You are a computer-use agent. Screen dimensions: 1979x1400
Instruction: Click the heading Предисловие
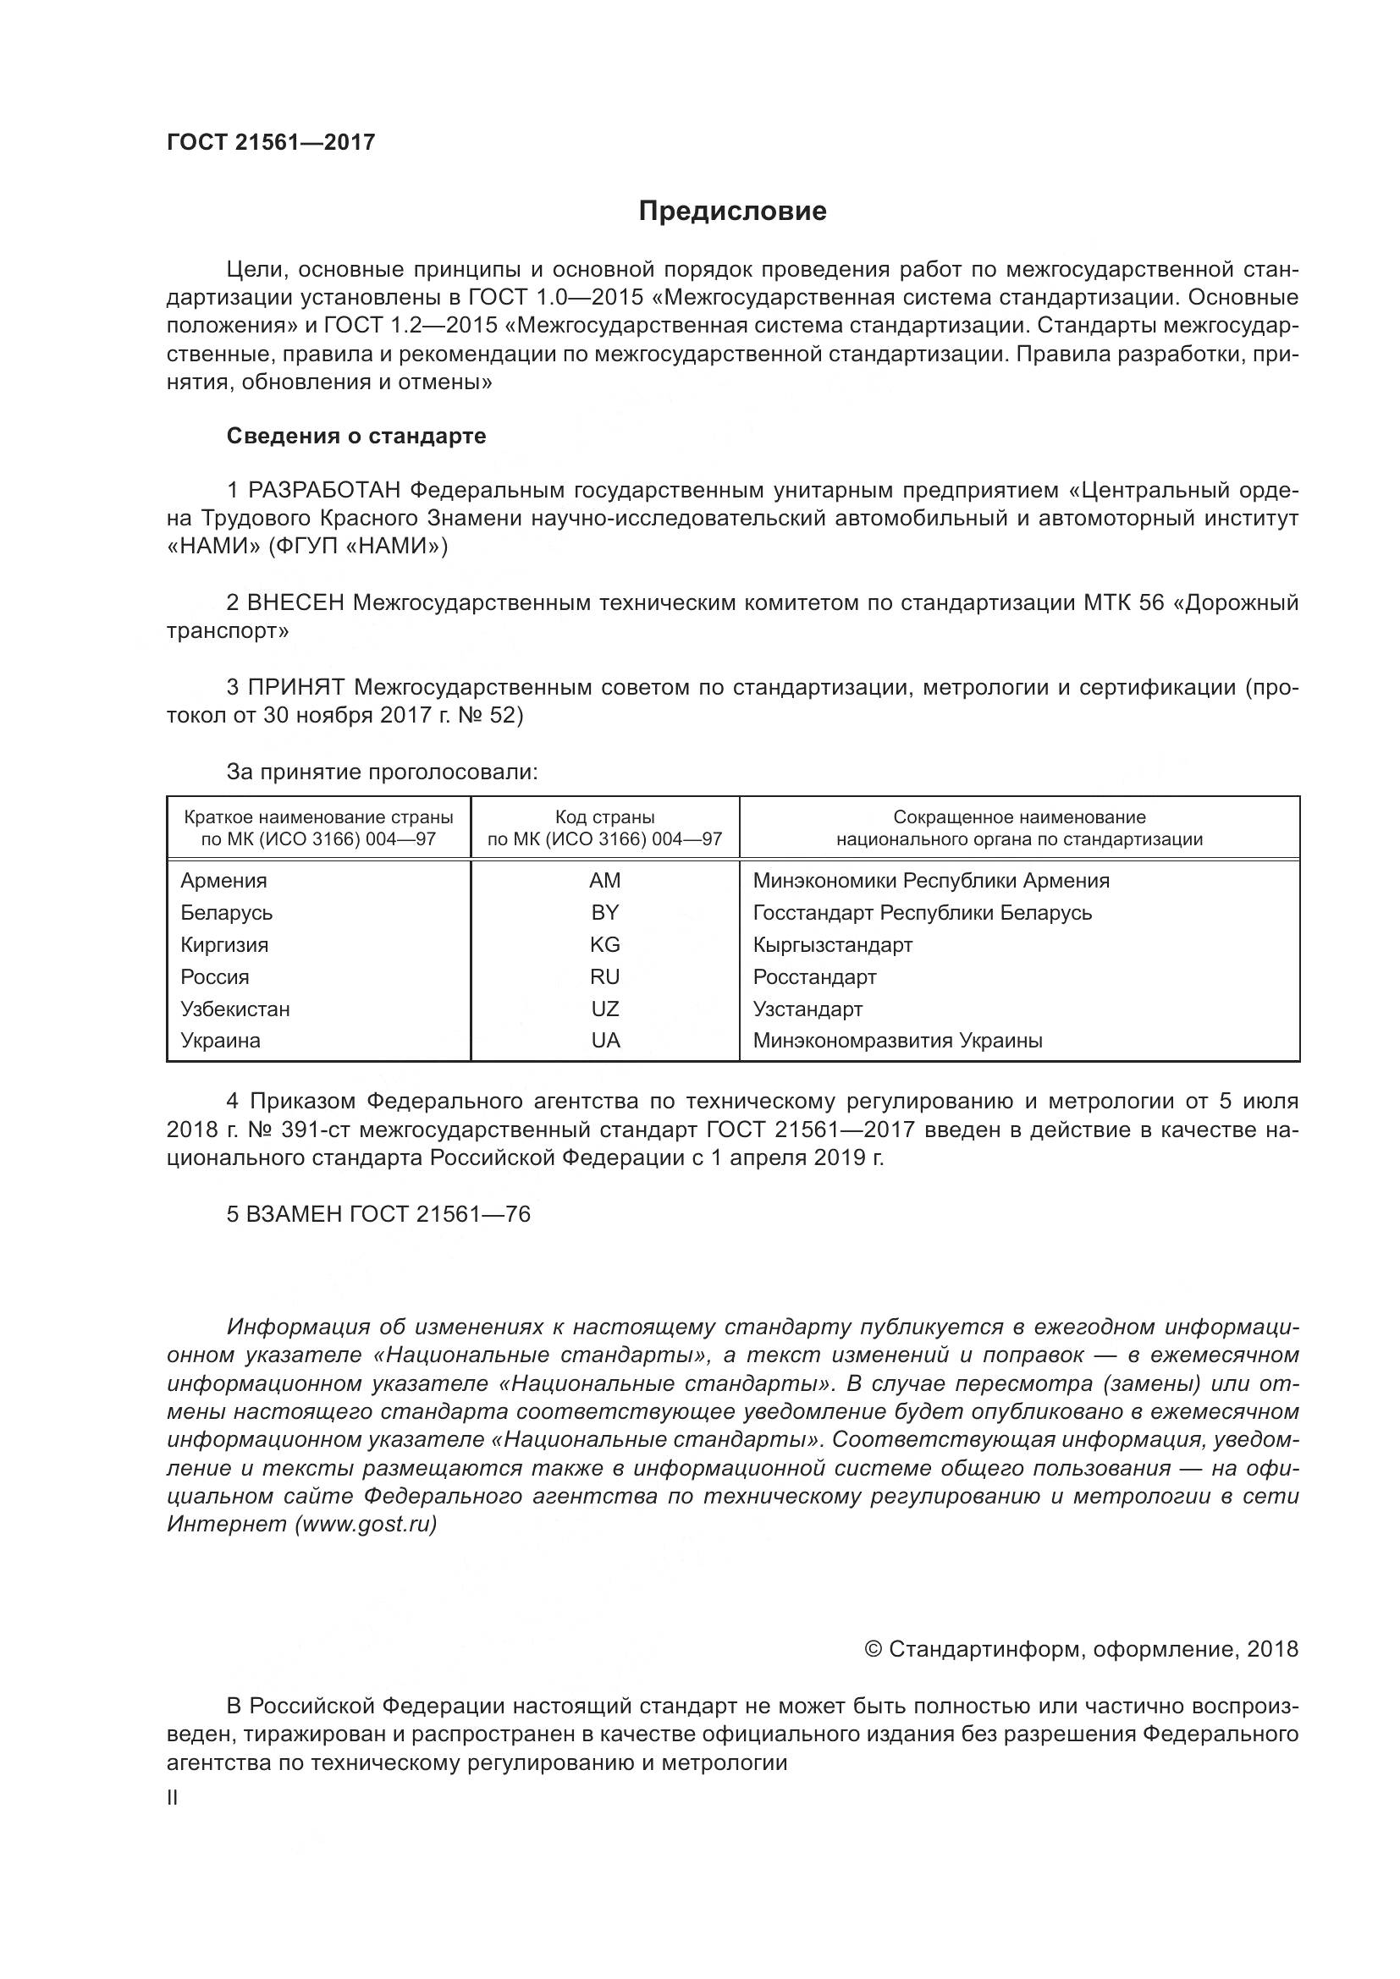732,212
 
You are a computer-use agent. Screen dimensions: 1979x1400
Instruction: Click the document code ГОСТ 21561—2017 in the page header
271,142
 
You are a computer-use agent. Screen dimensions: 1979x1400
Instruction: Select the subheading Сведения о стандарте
356,436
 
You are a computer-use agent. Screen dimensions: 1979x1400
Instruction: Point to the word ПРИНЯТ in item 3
296,687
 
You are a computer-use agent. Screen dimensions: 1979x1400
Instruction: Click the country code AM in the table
604,880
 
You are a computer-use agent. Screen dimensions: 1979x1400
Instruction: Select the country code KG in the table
604,945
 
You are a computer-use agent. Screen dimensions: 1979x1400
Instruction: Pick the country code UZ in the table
604,1009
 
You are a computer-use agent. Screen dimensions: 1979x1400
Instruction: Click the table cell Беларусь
227,912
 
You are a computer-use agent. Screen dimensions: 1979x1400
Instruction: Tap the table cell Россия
215,976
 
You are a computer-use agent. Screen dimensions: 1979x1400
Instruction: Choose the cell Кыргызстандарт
832,945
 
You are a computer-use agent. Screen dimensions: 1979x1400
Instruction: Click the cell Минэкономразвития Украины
897,1041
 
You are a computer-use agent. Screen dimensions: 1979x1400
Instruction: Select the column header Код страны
604,817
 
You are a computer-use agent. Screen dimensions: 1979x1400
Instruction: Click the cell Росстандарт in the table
813,976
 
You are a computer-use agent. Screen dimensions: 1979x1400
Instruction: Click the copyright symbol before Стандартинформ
873,1649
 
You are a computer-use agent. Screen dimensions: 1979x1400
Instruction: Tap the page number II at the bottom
173,1798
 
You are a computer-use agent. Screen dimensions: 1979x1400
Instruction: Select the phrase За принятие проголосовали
382,772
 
